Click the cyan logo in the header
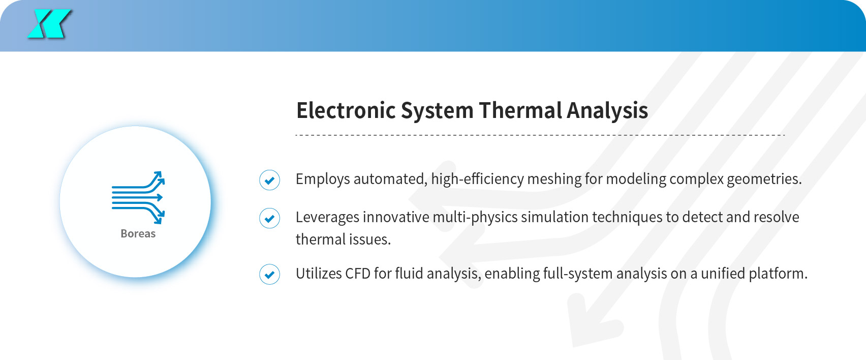[x=49, y=24]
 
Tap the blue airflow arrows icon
[x=138, y=198]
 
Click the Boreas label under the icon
[x=138, y=233]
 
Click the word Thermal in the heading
[x=520, y=110]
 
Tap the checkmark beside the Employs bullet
[x=269, y=180]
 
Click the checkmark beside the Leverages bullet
[x=269, y=218]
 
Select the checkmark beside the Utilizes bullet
[x=269, y=274]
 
